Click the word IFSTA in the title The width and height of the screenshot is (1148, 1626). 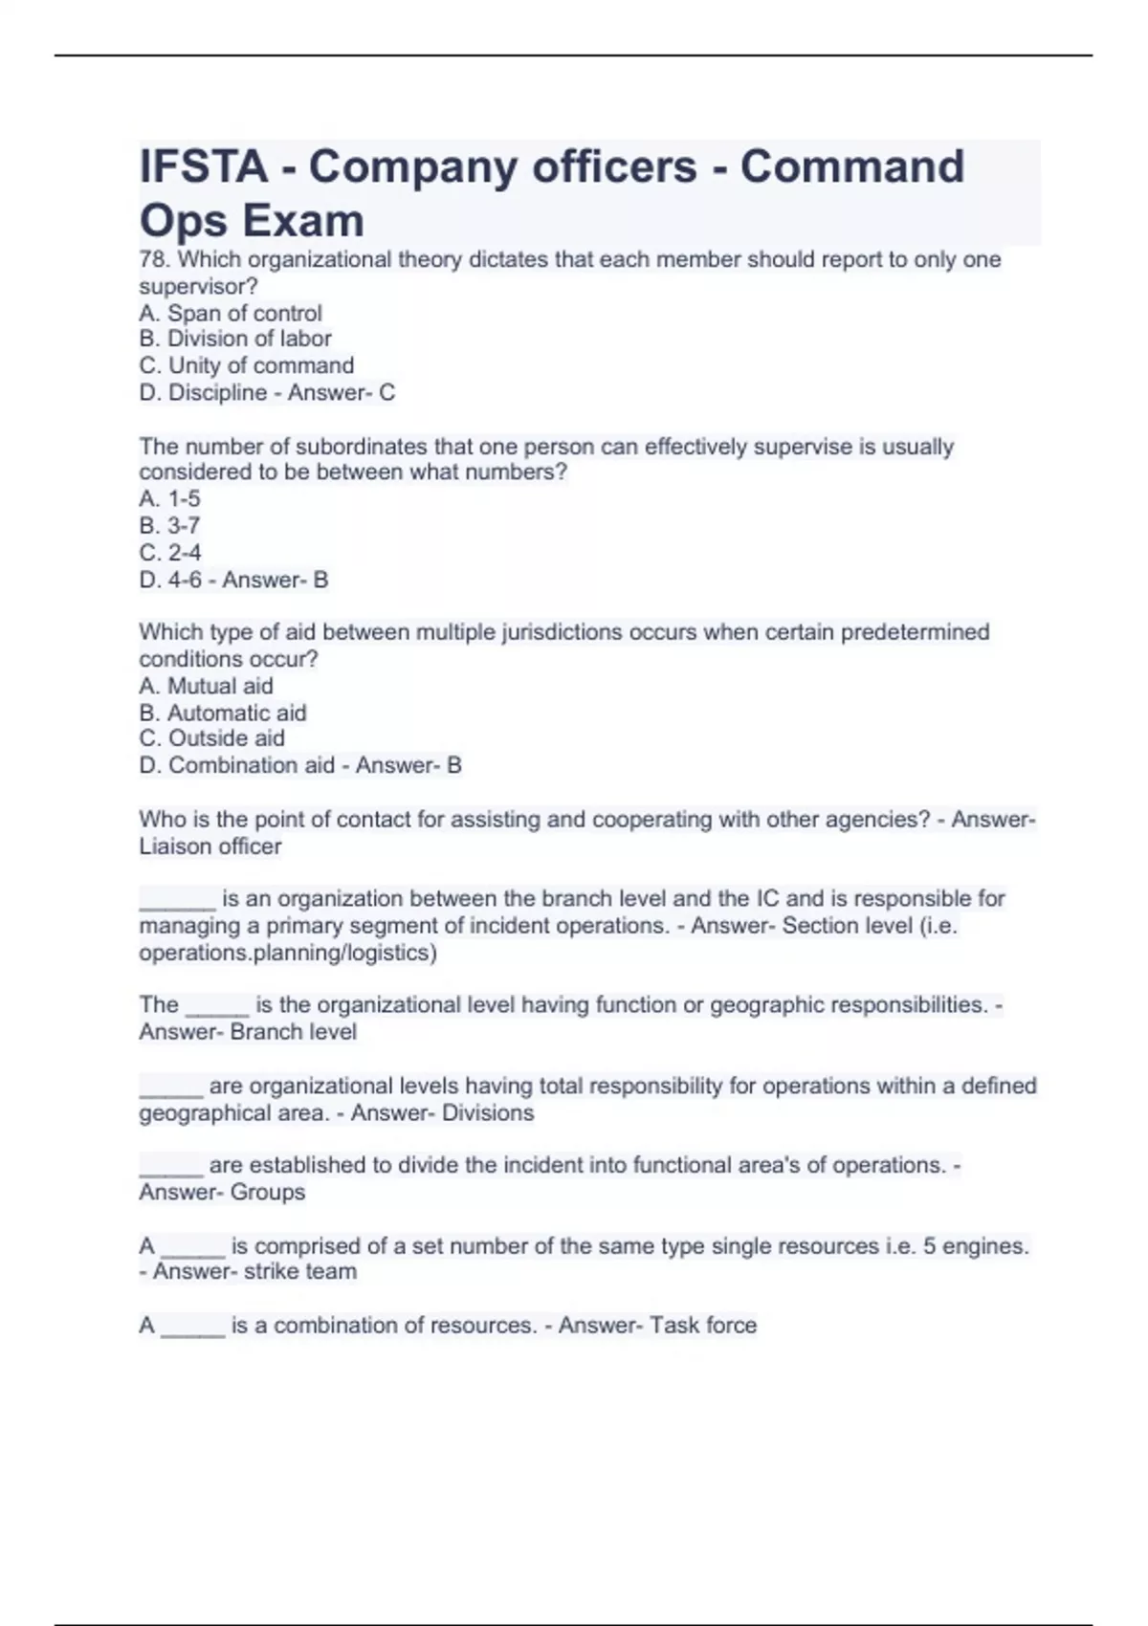coord(204,166)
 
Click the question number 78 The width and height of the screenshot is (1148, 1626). coord(155,259)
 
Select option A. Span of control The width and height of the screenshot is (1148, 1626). coord(231,313)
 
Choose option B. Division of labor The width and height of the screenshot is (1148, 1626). coord(235,339)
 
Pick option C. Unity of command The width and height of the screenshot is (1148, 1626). coord(247,365)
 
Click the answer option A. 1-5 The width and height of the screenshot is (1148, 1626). coord(169,498)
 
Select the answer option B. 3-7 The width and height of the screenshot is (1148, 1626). coord(169,525)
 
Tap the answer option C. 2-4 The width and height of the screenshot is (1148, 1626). coord(170,552)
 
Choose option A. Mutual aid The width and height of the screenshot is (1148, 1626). coord(206,686)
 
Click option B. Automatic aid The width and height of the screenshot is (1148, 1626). coord(223,713)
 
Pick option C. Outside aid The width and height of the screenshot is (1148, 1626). coord(211,738)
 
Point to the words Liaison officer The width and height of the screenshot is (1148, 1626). coord(210,846)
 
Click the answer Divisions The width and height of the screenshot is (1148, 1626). coord(488,1113)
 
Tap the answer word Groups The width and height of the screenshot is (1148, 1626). coord(268,1193)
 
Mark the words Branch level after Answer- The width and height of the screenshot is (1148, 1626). coord(294,1032)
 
